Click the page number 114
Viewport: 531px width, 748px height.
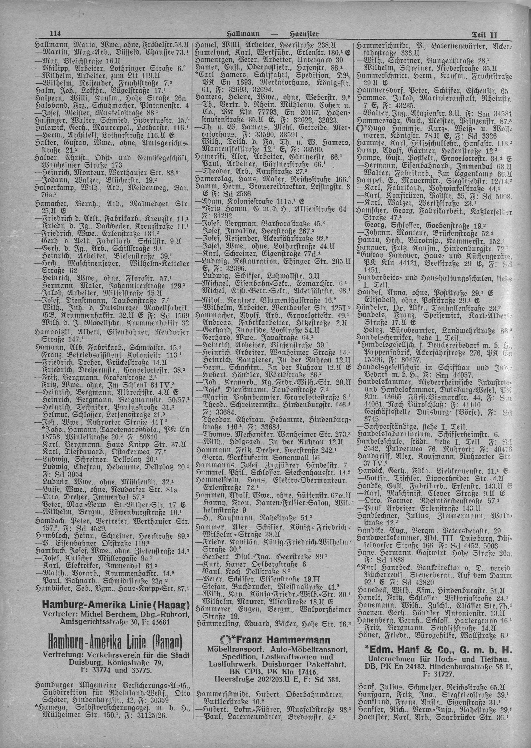pos(56,34)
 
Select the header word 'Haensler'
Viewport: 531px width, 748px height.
pos(304,34)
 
